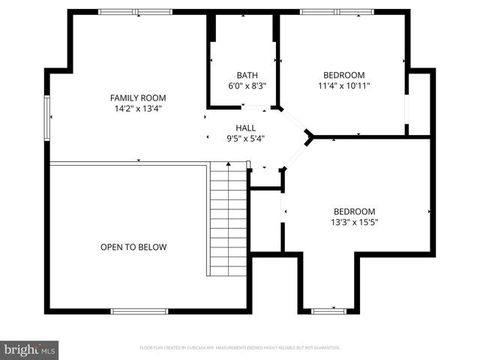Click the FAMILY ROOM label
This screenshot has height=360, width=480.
coord(137,97)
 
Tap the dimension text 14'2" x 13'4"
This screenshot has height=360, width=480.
coord(137,109)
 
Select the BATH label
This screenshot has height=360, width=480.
coord(247,75)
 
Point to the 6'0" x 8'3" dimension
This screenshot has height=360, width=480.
coord(247,85)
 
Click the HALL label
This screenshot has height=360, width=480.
coord(245,127)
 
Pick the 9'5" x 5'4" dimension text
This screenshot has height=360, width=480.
coord(245,138)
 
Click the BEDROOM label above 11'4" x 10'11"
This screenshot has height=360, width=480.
coord(343,75)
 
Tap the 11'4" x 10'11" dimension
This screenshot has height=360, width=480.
coord(343,85)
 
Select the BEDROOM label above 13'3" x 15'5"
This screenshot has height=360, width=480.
coord(354,211)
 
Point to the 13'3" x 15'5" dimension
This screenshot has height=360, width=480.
coord(354,223)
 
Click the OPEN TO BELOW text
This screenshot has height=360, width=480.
coord(133,247)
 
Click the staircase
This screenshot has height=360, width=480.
coord(227,219)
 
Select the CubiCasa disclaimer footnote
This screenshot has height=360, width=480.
coord(240,348)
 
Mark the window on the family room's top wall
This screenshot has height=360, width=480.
coord(135,12)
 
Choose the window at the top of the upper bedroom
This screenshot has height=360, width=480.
coord(337,12)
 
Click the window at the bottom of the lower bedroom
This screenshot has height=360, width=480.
coord(328,310)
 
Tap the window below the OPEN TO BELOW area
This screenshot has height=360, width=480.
coord(139,310)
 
